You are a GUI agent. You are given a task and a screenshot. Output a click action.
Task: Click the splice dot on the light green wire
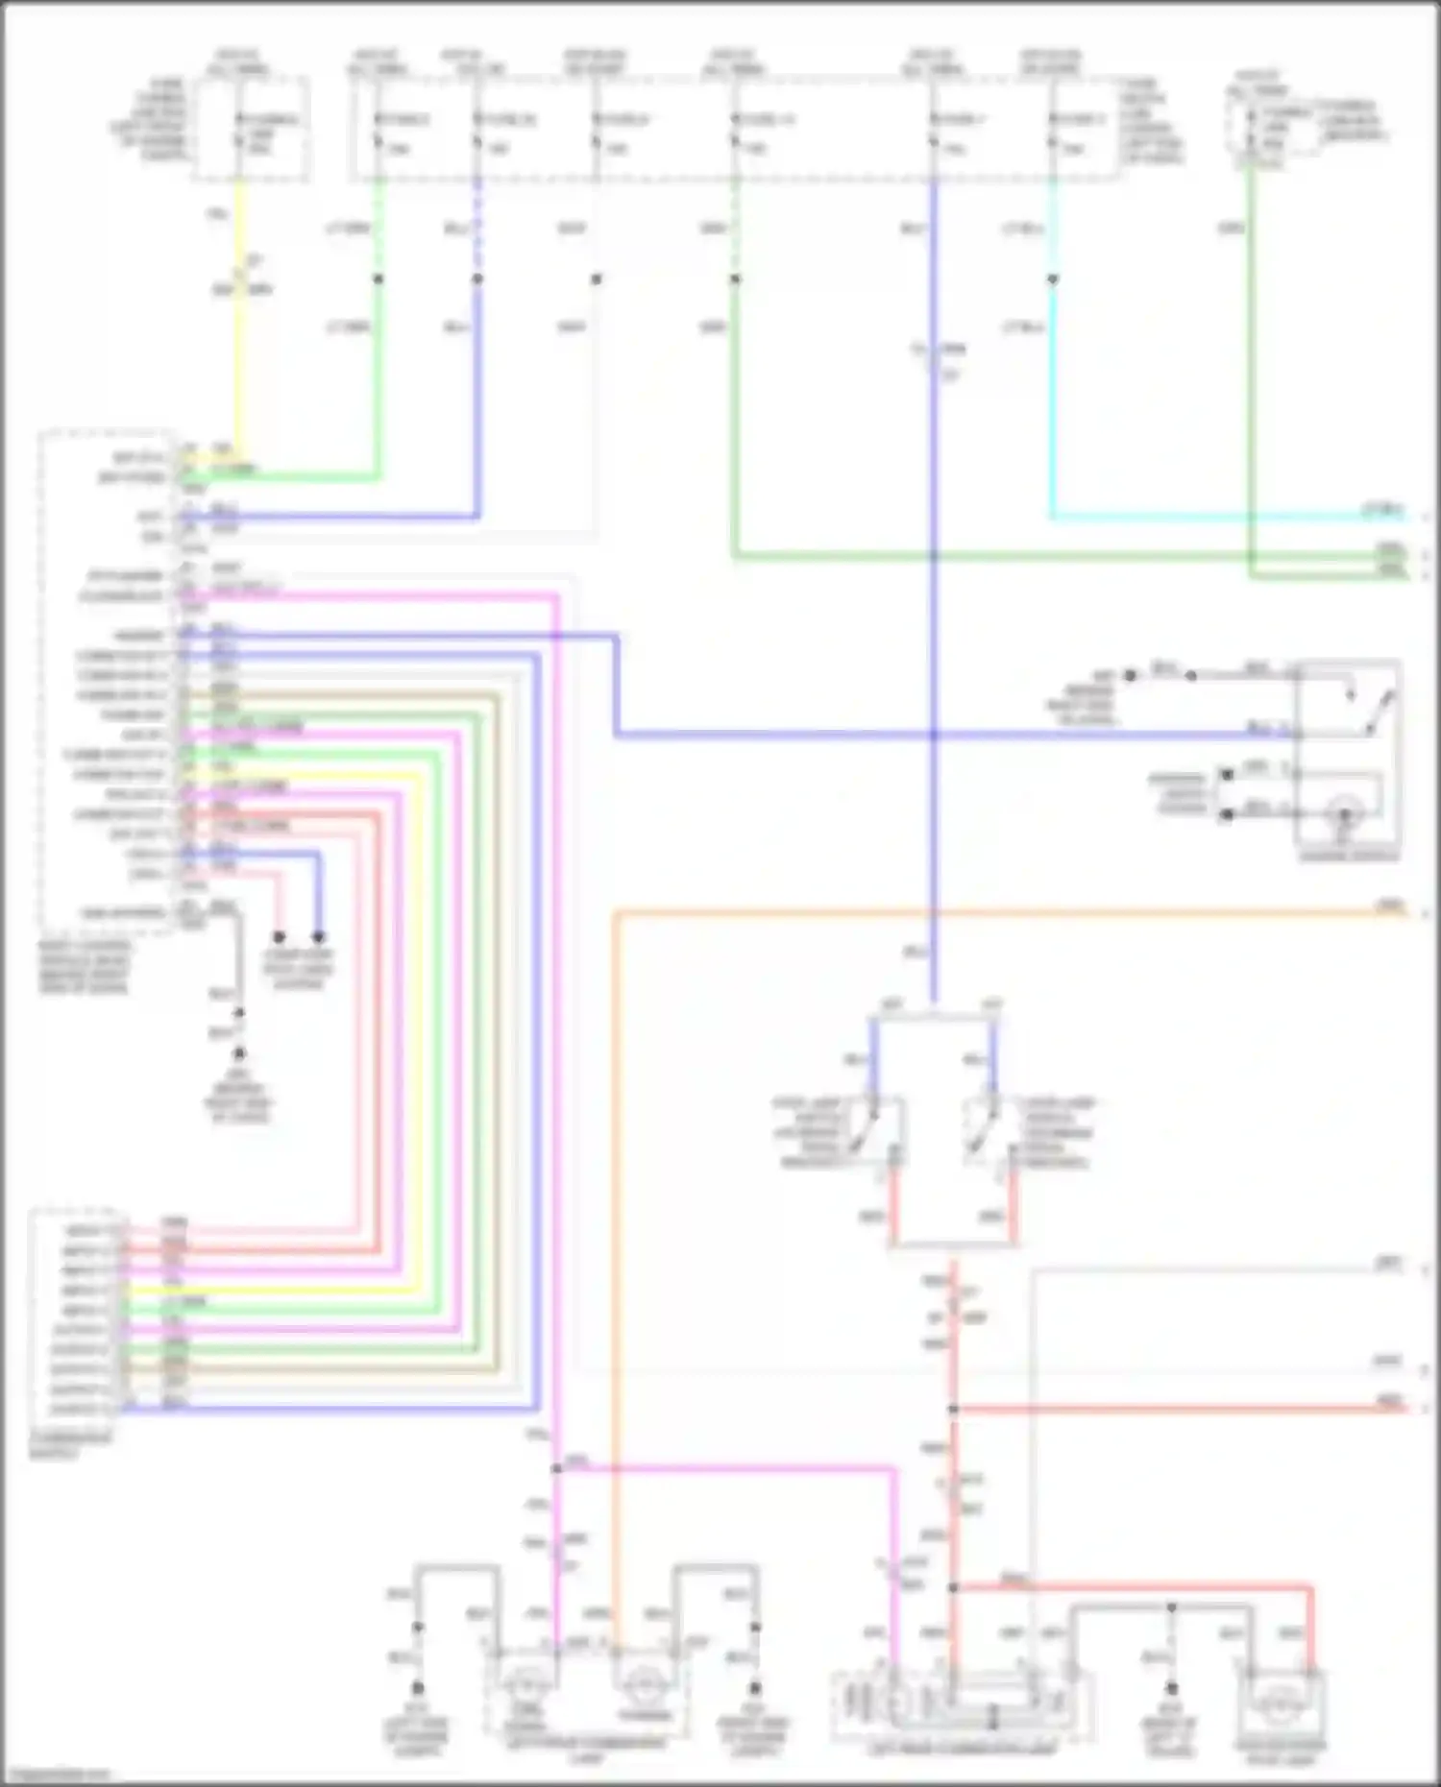pyautogui.click(x=379, y=279)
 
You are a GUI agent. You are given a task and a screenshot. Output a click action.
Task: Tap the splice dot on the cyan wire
pyautogui.click(x=1053, y=279)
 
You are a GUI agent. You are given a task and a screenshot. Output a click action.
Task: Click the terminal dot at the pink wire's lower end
pyautogui.click(x=279, y=936)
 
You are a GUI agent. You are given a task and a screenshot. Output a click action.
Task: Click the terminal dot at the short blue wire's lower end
pyautogui.click(x=318, y=936)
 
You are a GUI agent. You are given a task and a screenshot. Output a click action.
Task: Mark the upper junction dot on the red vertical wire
pyautogui.click(x=953, y=1410)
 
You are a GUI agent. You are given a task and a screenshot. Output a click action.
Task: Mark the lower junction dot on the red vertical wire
pyautogui.click(x=953, y=1587)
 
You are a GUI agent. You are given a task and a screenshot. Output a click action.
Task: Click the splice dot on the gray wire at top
pyautogui.click(x=596, y=279)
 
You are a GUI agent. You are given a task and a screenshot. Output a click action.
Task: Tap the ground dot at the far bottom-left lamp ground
pyautogui.click(x=418, y=1687)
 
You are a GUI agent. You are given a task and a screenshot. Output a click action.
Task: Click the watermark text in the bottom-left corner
pyautogui.click(x=56, y=1775)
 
